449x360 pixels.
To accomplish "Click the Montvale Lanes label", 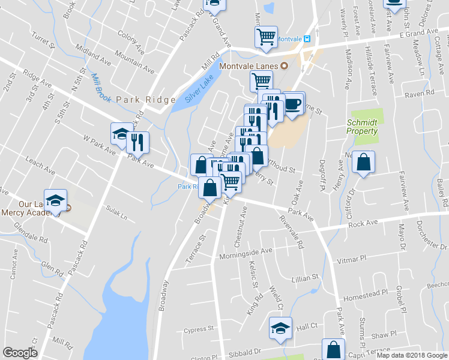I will click(246, 65).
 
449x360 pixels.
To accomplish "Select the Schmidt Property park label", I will click(363, 127).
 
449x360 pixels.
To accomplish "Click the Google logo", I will click(20, 353).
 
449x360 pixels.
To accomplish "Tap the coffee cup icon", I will click(293, 103).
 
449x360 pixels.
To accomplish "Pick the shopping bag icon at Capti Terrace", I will click(333, 350).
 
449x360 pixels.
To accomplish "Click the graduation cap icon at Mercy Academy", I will click(55, 201).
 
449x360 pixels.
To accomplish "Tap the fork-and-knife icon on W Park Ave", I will click(139, 143).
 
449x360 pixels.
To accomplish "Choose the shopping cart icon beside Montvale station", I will click(265, 37).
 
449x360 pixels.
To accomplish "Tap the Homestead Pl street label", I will click(364, 294).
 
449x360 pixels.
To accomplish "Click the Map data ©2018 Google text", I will click(411, 355).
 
